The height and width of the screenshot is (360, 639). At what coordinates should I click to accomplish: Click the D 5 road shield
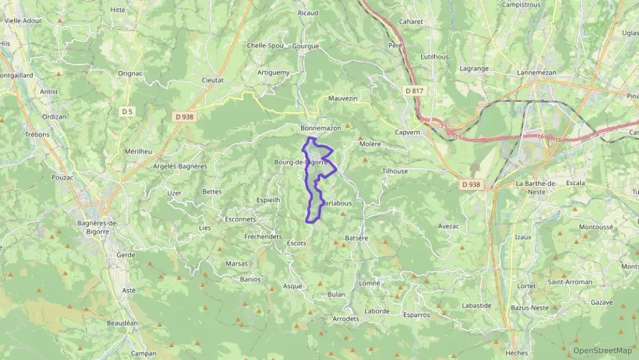tap(128, 111)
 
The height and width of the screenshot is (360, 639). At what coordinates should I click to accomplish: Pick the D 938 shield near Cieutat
tap(184, 117)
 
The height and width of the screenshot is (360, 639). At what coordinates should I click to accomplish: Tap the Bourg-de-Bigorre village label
tap(304, 163)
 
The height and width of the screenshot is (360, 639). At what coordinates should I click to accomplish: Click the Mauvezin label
tap(343, 98)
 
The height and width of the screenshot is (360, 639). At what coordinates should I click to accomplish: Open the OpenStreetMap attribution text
tap(602, 350)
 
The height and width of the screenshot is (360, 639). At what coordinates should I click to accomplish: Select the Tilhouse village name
tap(395, 171)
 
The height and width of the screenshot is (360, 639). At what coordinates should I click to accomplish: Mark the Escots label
tap(297, 243)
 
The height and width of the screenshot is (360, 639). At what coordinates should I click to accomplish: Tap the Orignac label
tap(130, 72)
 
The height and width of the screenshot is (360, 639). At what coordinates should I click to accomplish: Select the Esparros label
tap(416, 315)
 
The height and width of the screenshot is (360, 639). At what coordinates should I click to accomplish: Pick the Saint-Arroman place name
tap(571, 282)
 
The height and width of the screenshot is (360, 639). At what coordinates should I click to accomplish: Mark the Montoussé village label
tap(596, 227)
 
